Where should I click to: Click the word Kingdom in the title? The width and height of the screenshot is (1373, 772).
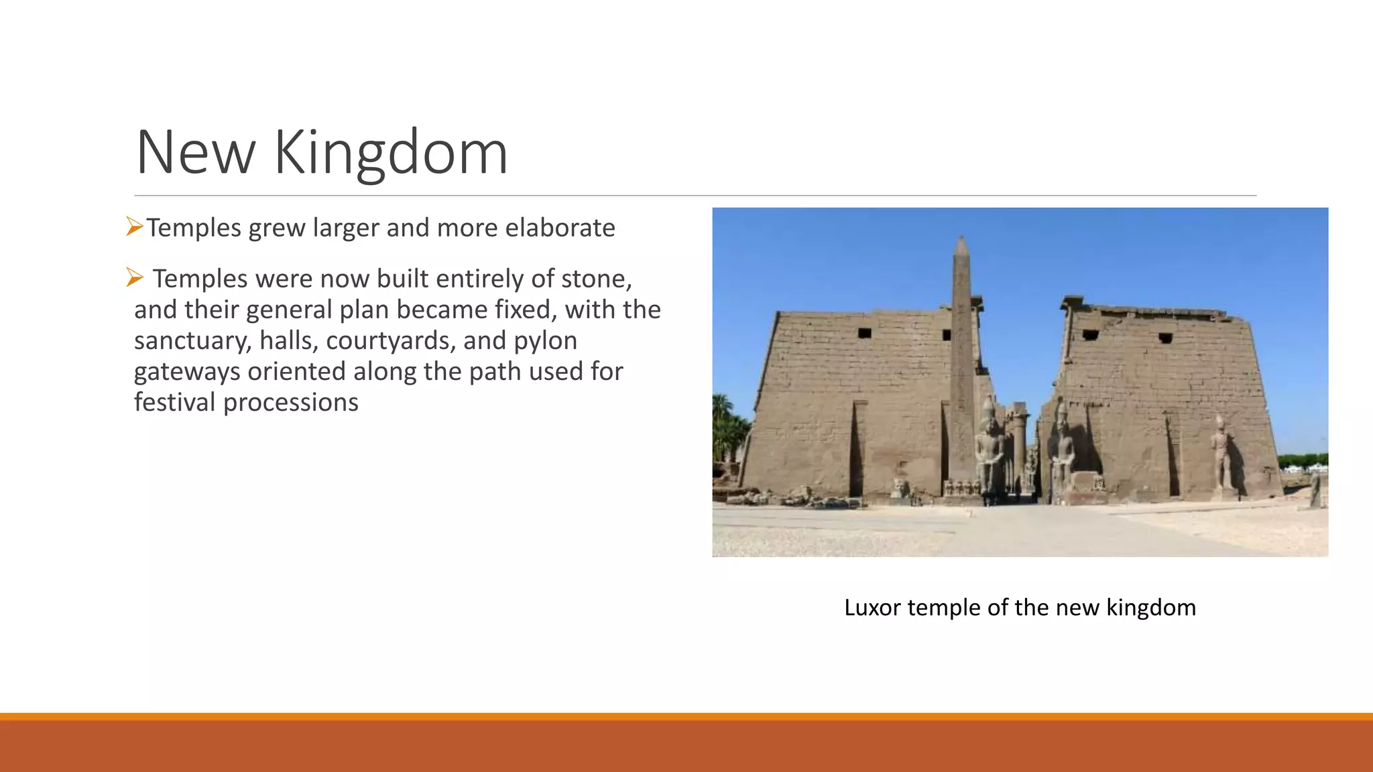[x=391, y=153]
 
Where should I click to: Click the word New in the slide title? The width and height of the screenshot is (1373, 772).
[x=195, y=153]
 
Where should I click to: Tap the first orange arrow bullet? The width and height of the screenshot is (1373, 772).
[x=135, y=227]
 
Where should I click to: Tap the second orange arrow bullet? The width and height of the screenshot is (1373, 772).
[x=135, y=277]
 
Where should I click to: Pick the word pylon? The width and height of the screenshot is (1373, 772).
[x=545, y=341]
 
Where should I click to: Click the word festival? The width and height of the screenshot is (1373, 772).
[x=175, y=402]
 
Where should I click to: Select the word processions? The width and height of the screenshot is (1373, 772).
[x=291, y=403]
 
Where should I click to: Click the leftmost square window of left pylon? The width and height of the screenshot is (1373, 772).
[x=864, y=333]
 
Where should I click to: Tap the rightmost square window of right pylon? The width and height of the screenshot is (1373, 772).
[x=1165, y=338]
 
